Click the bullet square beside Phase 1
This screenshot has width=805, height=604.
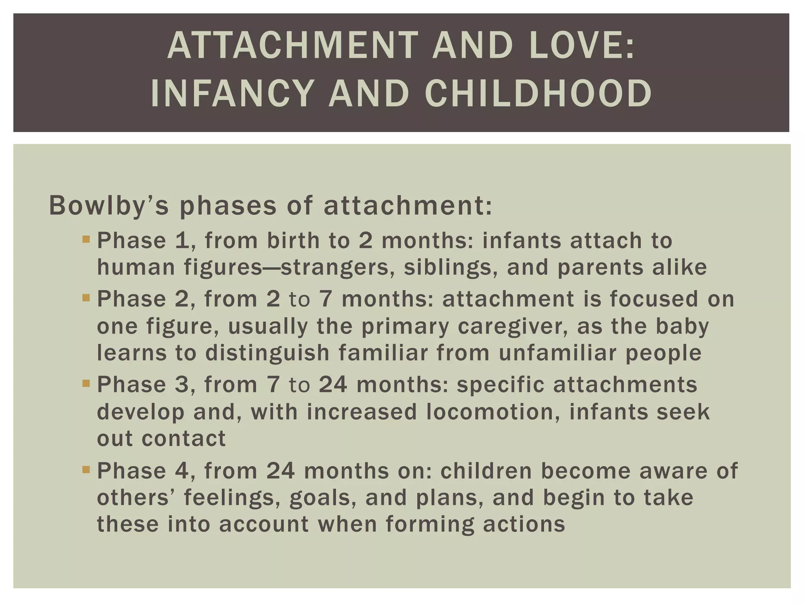pos(86,239)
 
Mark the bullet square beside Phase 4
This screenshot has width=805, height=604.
pos(86,469)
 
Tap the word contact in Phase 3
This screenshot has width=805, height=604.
pos(183,438)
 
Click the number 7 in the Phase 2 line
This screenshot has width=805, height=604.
pos(325,299)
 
